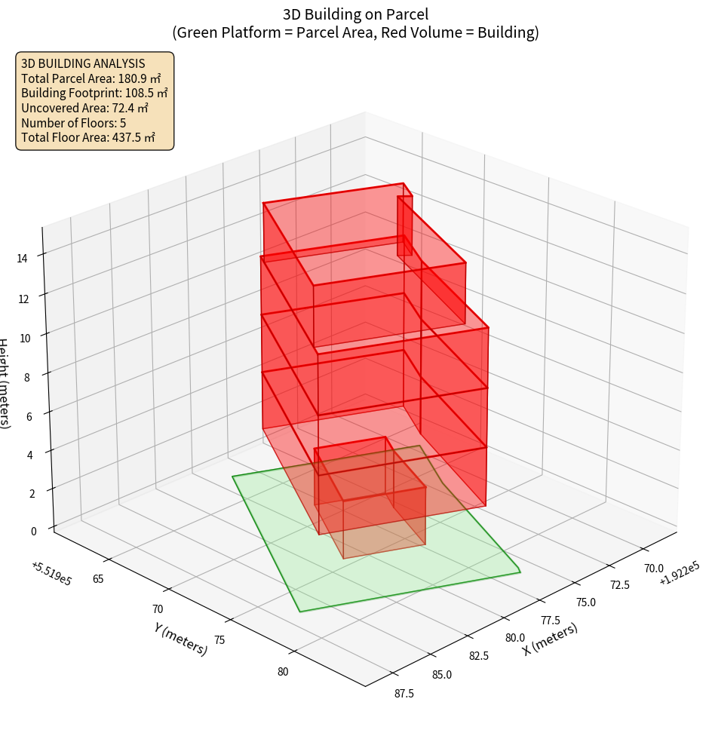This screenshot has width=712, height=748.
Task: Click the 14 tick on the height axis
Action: [23, 258]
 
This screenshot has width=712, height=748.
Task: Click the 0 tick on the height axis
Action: [33, 530]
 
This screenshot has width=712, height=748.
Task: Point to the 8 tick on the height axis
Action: [27, 376]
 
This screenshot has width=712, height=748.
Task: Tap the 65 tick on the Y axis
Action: [98, 578]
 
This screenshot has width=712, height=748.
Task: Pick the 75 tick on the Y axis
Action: [219, 639]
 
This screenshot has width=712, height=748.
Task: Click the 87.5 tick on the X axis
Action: [403, 694]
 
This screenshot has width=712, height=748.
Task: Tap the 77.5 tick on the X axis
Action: [549, 621]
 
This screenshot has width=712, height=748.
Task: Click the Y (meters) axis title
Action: [180, 638]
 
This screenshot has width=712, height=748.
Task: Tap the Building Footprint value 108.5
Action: [146, 93]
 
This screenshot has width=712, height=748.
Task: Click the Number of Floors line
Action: [73, 122]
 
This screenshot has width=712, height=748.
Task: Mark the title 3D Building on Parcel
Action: [355, 14]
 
